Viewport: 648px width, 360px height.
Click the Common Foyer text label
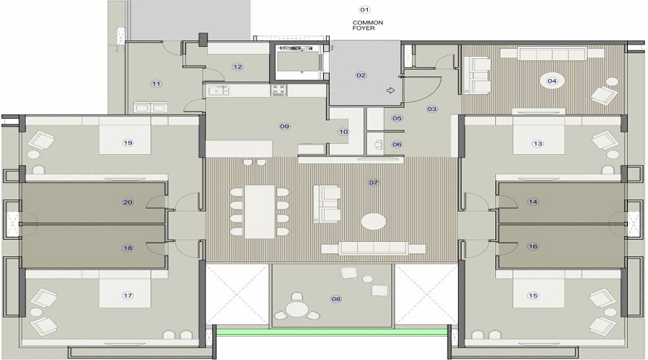click(x=367, y=27)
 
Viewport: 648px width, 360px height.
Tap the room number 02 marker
click(x=361, y=75)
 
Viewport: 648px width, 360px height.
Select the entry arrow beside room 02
click(x=391, y=91)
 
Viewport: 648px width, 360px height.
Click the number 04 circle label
click(x=552, y=81)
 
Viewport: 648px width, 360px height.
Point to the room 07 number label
click(x=374, y=183)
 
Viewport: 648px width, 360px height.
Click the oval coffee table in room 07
click(x=373, y=221)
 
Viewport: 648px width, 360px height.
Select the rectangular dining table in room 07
click(x=260, y=212)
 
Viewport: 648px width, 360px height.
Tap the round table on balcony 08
click(x=296, y=310)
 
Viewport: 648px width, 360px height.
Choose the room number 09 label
click(x=284, y=127)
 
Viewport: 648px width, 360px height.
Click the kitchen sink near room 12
click(x=218, y=91)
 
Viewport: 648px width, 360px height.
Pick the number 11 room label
click(x=156, y=84)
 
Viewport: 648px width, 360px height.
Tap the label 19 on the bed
click(x=128, y=143)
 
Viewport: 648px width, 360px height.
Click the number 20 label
click(x=128, y=202)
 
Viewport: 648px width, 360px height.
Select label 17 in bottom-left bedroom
click(x=128, y=295)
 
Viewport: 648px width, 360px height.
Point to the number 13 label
click(x=537, y=143)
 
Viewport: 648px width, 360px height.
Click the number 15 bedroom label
click(x=533, y=295)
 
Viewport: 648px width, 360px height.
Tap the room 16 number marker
click(x=533, y=246)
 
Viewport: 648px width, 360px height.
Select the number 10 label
click(x=343, y=132)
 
